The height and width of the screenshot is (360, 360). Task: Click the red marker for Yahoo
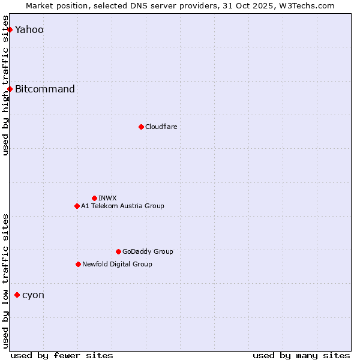point(10,29)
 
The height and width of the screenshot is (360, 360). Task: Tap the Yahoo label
point(29,30)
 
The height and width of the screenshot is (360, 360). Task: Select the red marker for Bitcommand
point(10,89)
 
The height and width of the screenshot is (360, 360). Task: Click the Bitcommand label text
point(45,89)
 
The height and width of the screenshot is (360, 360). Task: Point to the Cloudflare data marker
point(141,127)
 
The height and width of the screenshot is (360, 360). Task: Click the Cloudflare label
point(161,127)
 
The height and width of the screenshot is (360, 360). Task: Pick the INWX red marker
point(94,198)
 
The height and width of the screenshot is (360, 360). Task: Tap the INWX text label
point(107,198)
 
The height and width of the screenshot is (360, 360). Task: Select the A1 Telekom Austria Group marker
point(77,206)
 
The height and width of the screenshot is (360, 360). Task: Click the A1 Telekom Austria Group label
point(122,206)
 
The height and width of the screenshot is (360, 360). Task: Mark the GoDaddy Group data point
point(118,251)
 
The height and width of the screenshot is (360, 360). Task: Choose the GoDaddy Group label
point(148,251)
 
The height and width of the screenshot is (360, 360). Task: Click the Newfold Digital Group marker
point(78,264)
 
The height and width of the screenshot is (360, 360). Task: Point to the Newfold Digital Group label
point(117,264)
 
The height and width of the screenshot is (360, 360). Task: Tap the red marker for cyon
point(17,295)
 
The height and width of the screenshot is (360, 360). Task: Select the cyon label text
point(33,295)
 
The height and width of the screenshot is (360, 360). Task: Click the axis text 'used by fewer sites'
point(62,355)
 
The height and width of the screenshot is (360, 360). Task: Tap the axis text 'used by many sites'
point(301,355)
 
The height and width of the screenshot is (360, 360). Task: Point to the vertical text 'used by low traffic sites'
point(5,281)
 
